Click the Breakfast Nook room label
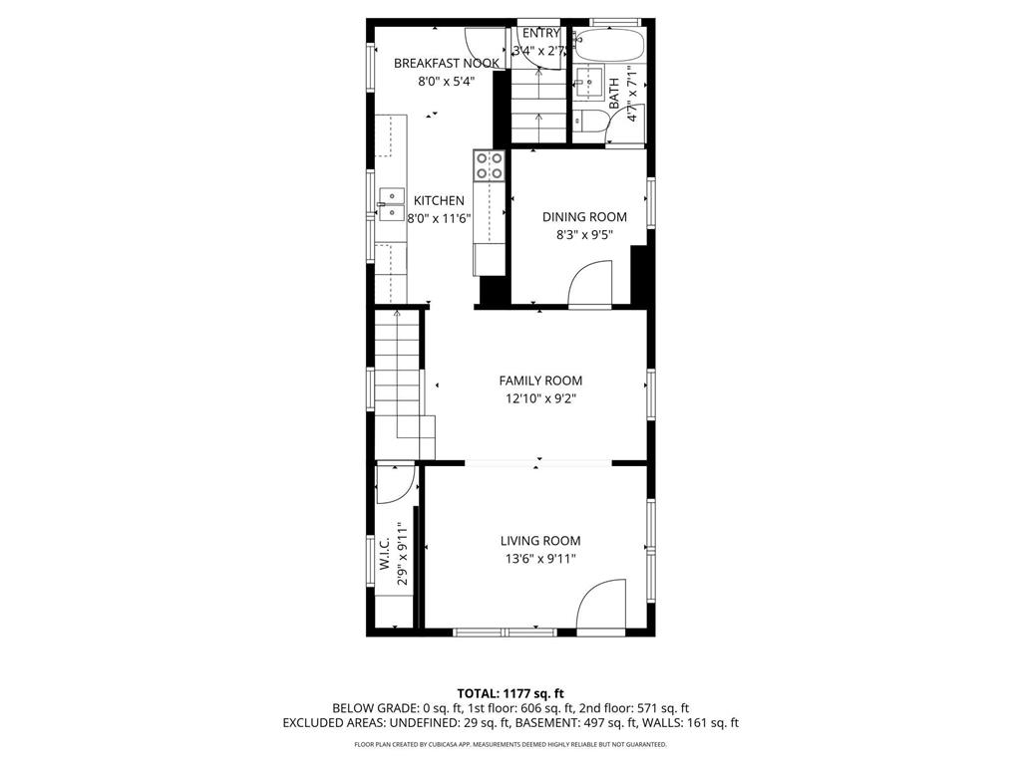coord(446,64)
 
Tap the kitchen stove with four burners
coord(489,165)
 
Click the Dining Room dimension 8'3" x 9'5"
coord(584,236)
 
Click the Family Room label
coord(540,381)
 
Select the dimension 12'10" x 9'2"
coord(540,398)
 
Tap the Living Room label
coord(540,541)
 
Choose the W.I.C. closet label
coord(384,555)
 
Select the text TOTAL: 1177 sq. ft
coord(510,693)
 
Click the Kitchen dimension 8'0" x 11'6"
coord(439,218)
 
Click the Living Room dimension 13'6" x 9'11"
coord(540,559)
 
